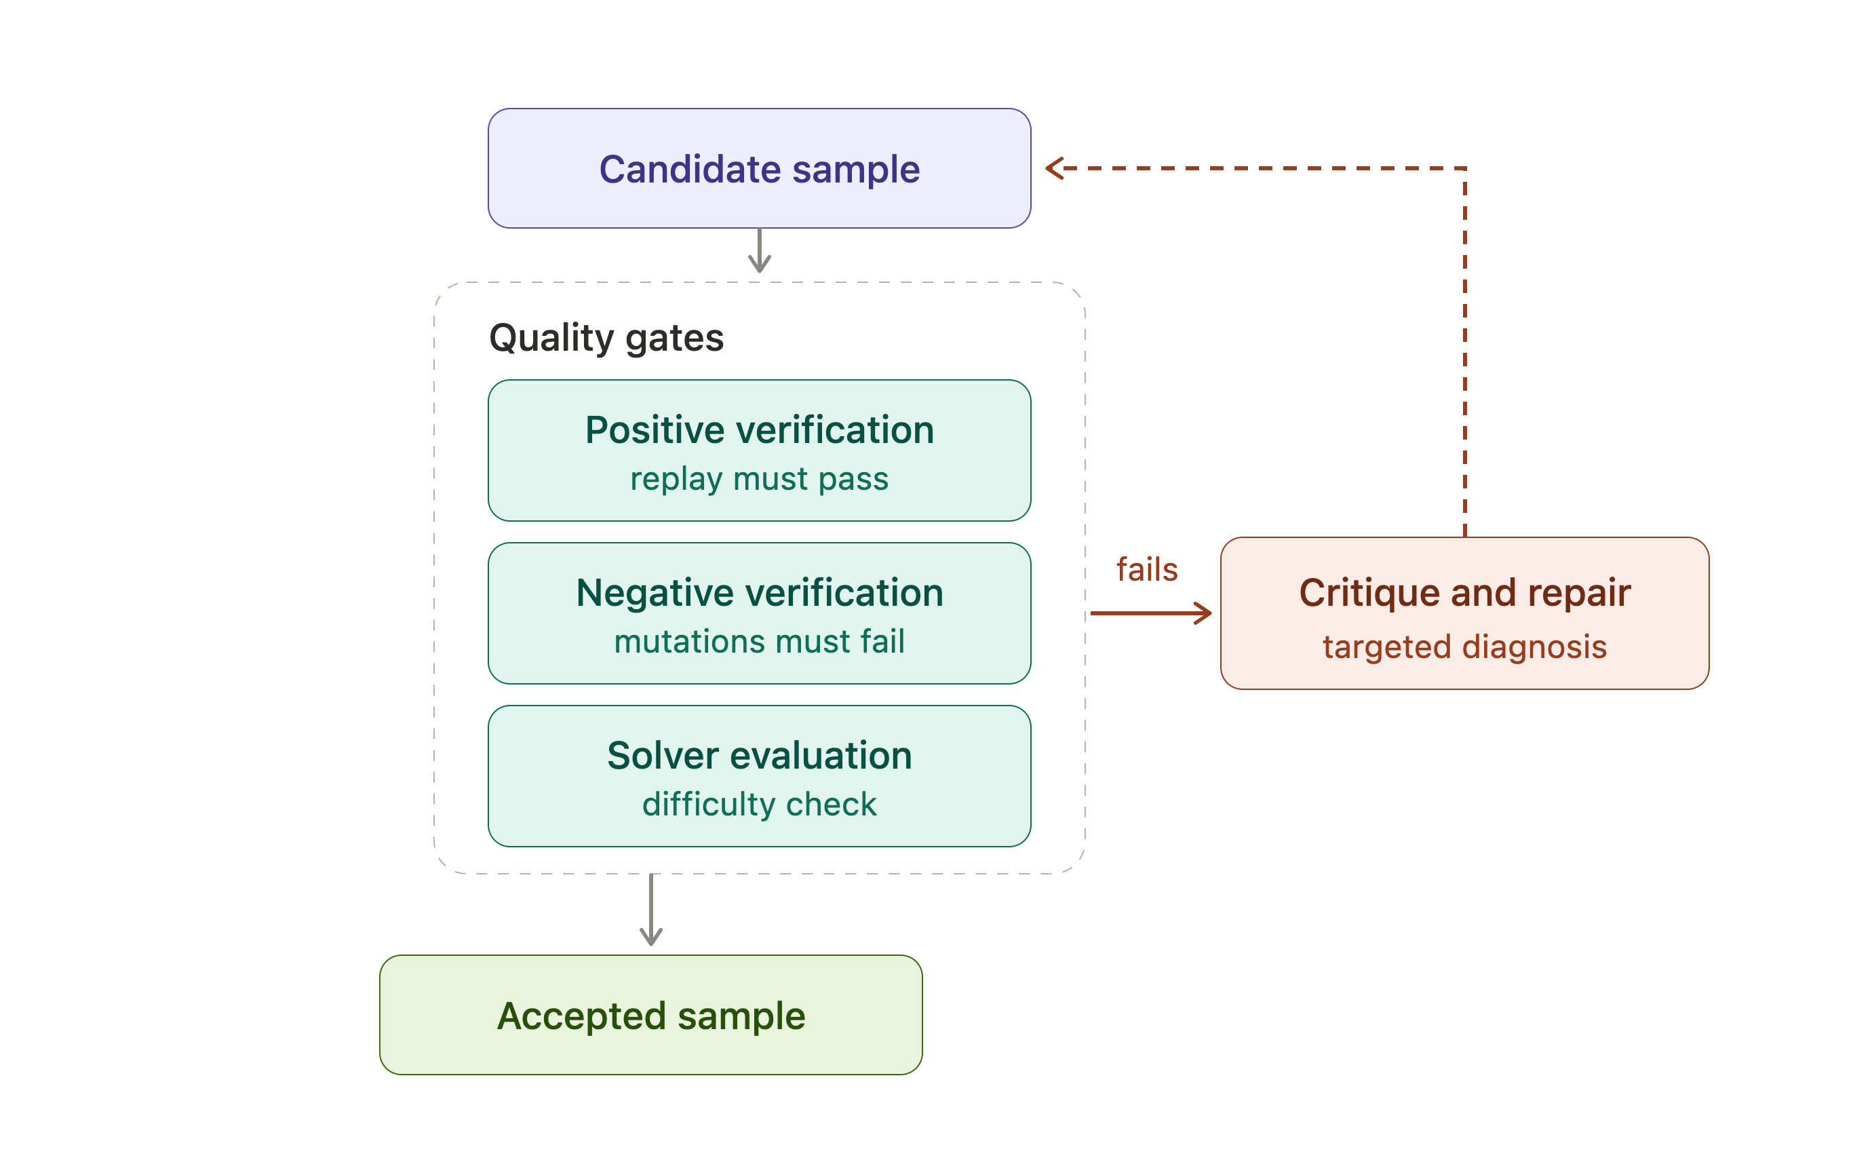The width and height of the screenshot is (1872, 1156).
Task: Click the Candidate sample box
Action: point(759,168)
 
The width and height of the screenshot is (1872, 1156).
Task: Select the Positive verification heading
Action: point(759,429)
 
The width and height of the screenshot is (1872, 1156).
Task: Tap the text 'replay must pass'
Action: point(759,480)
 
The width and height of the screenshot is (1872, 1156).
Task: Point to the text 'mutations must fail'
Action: point(759,642)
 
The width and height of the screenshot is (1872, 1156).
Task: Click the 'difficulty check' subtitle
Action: point(759,805)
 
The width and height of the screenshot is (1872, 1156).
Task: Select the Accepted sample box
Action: point(650,1015)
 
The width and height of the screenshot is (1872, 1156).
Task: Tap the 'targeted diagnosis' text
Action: point(1464,647)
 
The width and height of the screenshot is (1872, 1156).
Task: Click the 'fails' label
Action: point(1146,570)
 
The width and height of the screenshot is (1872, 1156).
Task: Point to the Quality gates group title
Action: point(606,338)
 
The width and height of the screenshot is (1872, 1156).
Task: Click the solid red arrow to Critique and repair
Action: point(1151,613)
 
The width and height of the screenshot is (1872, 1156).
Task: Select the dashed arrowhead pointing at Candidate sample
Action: point(1053,168)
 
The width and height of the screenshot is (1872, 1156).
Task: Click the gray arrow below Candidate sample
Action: point(759,250)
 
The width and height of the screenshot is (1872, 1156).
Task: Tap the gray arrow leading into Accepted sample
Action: point(650,910)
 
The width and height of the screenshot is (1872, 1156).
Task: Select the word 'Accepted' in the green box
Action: point(582,1016)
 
